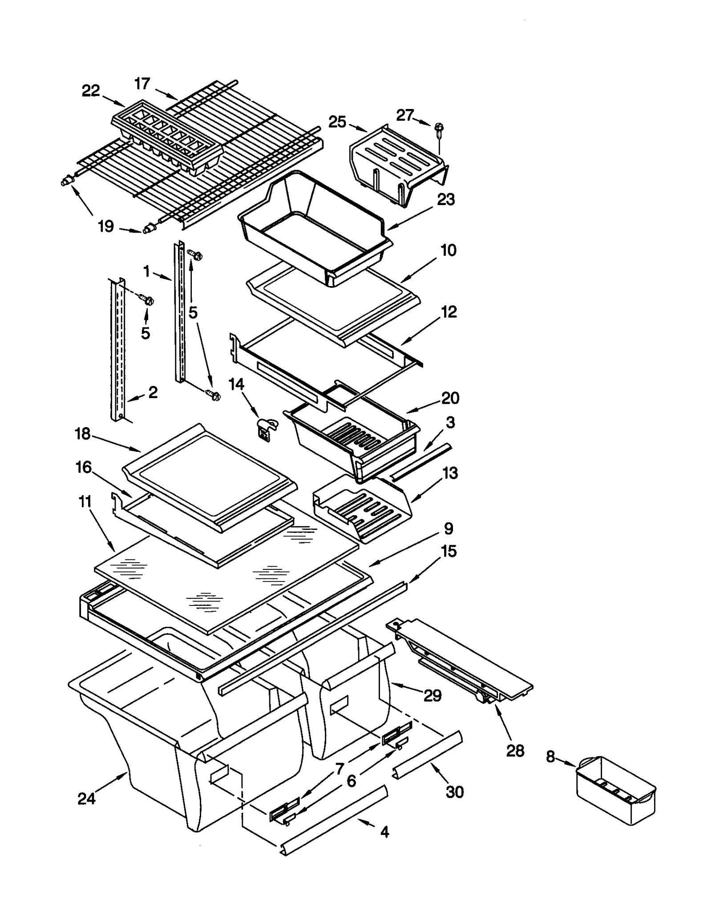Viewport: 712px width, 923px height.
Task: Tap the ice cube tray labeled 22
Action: [x=167, y=136]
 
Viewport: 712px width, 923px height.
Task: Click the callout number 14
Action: [x=236, y=384]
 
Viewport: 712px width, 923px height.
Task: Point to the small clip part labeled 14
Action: [x=266, y=430]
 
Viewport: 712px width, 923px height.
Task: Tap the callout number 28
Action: [x=515, y=751]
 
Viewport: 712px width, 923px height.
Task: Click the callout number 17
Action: [x=142, y=83]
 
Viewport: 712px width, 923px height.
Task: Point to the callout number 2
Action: [x=153, y=392]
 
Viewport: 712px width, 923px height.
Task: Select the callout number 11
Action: [x=85, y=502]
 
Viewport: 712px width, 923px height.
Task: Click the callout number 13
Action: [x=450, y=473]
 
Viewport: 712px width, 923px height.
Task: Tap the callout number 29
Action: [x=432, y=695]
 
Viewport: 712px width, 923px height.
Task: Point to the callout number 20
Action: [x=450, y=398]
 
